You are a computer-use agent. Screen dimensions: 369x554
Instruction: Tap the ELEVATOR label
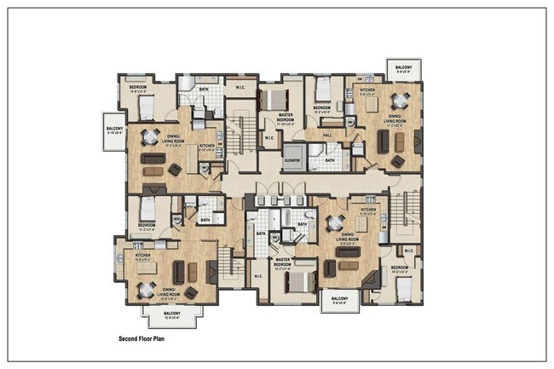[x=294, y=159]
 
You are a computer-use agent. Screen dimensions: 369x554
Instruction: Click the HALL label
[x=329, y=134]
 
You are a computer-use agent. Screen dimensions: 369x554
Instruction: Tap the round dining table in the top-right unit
[x=399, y=101]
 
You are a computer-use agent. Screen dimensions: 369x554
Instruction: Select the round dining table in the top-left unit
[x=150, y=137]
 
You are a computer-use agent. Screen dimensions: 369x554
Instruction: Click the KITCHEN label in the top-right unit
[x=367, y=89]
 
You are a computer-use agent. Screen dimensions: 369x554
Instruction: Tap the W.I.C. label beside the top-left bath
[x=241, y=87]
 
